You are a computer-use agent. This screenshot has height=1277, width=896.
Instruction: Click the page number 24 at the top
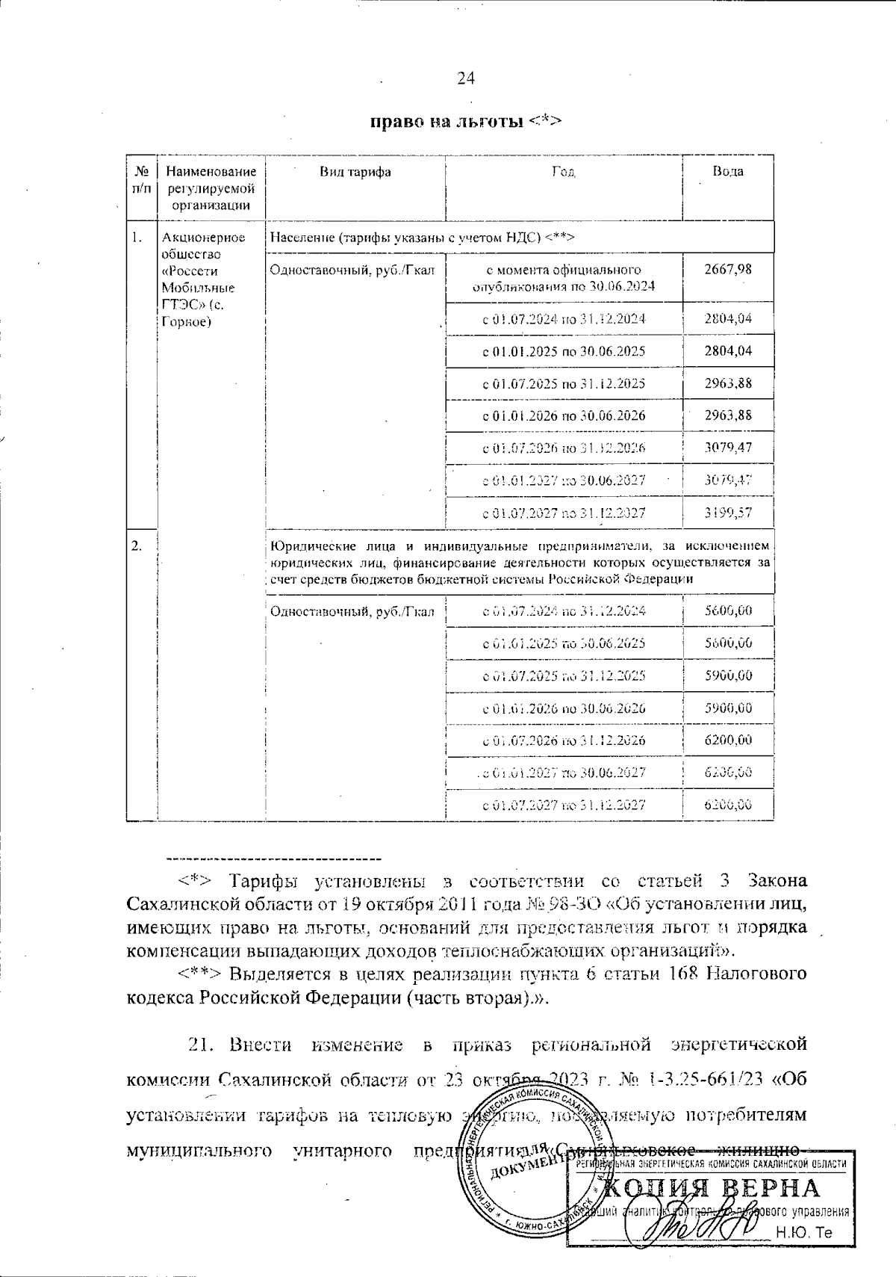tap(466, 78)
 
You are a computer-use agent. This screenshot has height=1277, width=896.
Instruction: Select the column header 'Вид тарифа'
tap(355, 172)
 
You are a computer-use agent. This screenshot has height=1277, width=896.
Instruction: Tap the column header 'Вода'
tap(727, 171)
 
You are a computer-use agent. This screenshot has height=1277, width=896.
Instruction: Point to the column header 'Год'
tap(563, 172)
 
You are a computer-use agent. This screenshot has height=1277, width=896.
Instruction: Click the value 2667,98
tap(728, 270)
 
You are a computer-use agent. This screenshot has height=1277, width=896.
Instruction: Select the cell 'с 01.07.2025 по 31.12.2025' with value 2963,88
tap(564, 384)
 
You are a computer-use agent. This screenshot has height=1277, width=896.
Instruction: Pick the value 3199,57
tap(728, 513)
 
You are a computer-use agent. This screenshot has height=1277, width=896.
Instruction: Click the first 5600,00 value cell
tap(728, 611)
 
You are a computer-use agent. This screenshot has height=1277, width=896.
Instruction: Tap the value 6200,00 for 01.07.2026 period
tap(728, 740)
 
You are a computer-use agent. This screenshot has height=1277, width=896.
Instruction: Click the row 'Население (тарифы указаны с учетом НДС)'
tap(422, 238)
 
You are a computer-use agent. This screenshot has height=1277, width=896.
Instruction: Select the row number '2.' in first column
tap(137, 545)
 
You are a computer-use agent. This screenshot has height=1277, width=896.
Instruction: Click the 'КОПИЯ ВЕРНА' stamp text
tap(711, 1190)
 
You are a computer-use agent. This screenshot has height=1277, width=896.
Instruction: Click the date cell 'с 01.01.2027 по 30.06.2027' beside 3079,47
tap(564, 480)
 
